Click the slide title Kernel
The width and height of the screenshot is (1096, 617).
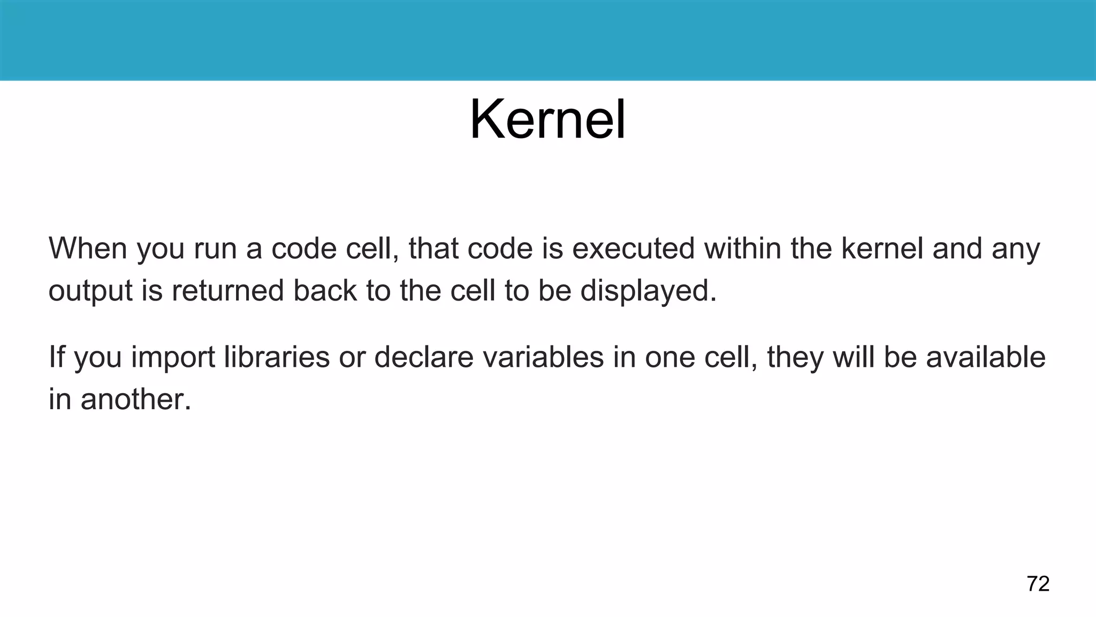tap(547, 119)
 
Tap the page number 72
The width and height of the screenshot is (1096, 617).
tap(1038, 584)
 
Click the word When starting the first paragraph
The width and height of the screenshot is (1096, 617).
tap(88, 249)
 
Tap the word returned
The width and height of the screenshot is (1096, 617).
tap(227, 290)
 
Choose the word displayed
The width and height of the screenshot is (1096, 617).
tap(648, 291)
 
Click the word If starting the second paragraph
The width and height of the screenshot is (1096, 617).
tap(56, 357)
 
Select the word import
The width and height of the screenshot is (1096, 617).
tap(172, 358)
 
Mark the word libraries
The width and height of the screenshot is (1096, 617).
tap(276, 357)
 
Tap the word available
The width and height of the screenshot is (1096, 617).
tap(985, 357)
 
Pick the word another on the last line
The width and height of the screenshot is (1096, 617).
tap(135, 400)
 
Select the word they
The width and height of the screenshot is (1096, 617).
tap(795, 358)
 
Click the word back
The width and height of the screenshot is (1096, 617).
tap(324, 290)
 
